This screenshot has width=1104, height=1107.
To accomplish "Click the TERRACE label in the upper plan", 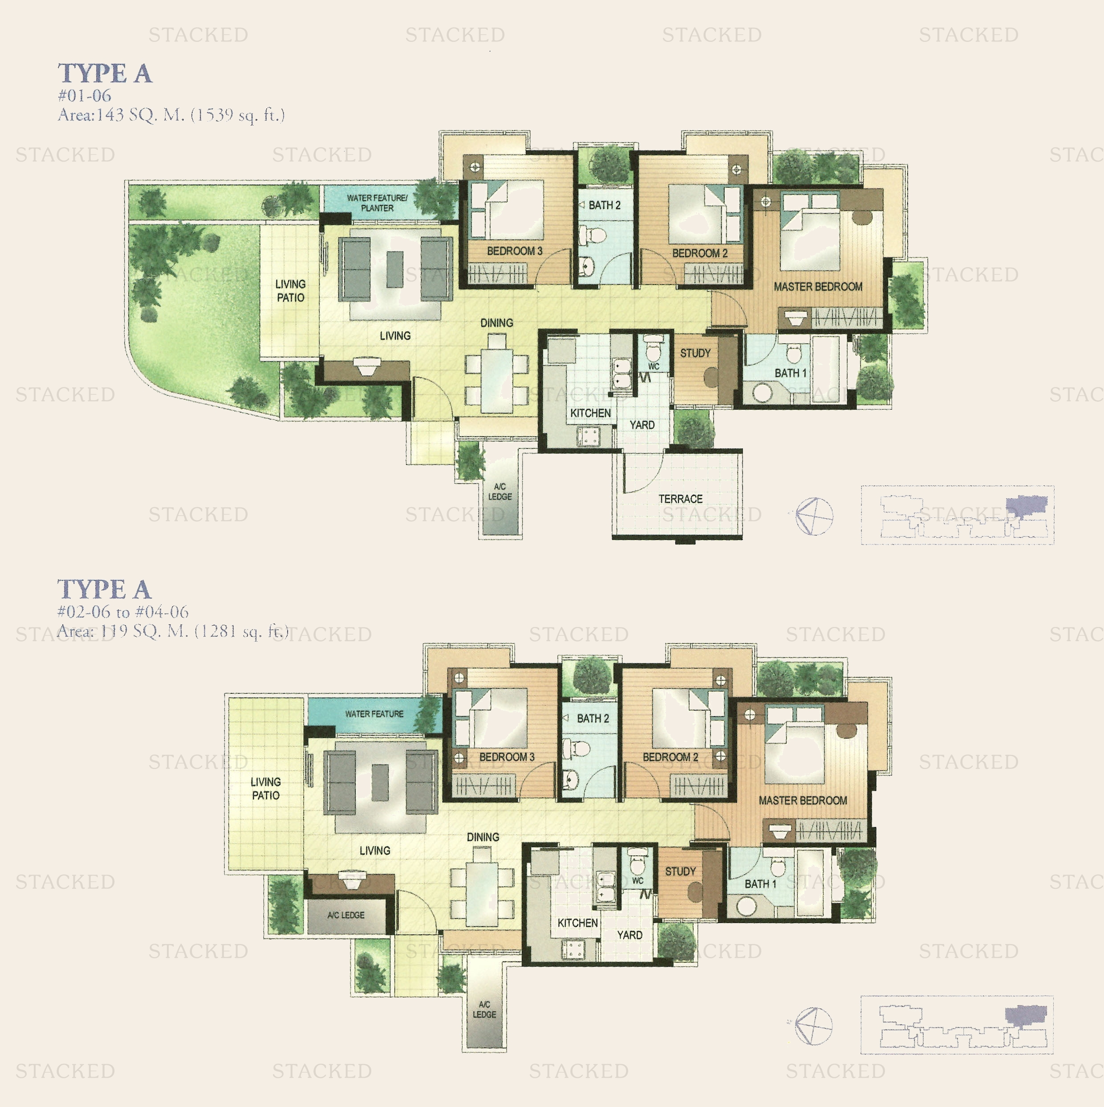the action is tap(680, 499).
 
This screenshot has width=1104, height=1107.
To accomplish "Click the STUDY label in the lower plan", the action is tap(680, 871).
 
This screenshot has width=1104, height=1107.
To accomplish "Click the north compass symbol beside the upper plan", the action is tap(814, 516).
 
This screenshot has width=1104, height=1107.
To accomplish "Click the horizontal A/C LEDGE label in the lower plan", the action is tap(345, 915).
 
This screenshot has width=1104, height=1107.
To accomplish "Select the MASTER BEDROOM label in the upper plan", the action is tap(818, 286).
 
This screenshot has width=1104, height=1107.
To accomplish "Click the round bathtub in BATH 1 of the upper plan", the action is tap(763, 394).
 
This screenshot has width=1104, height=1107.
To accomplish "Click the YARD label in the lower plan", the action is tap(629, 935).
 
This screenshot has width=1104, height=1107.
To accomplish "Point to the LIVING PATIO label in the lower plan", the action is tap(265, 789).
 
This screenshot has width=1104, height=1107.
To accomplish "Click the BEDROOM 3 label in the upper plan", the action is tap(515, 251).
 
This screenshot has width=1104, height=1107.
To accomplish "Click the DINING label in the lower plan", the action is tap(483, 837).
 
